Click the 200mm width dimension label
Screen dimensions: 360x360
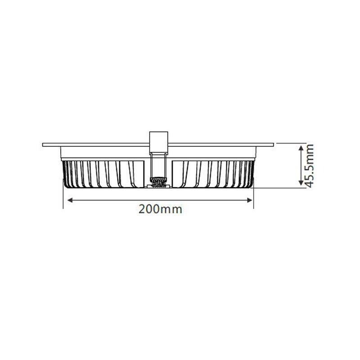point(160,209)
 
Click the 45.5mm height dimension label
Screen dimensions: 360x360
point(310,166)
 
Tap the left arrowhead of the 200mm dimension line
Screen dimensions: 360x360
point(70,200)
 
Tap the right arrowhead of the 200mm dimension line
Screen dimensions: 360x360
point(249,200)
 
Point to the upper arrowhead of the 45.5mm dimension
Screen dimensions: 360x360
point(301,148)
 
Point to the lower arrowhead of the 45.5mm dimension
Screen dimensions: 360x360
point(301,182)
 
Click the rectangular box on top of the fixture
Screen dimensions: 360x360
point(159,142)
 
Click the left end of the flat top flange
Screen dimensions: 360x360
point(43,145)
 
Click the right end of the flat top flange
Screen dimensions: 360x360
point(273,145)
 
